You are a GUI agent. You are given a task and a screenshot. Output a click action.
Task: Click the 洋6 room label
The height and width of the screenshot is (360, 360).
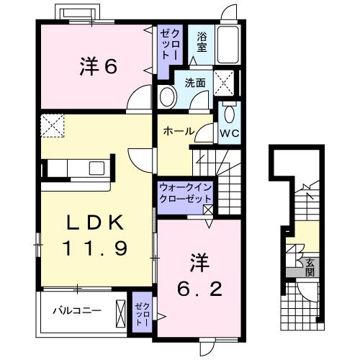coord(99,66)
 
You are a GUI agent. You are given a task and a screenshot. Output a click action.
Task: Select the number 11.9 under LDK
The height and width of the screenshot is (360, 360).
coord(95,248)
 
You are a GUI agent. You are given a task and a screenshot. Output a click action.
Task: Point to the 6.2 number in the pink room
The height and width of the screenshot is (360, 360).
coord(199,289)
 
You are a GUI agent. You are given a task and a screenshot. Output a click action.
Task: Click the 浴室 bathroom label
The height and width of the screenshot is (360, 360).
coord(202,42)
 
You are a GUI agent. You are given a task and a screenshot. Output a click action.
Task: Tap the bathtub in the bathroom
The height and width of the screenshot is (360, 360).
coord(228,44)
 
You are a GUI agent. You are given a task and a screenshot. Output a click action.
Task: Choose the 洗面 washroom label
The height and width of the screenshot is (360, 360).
coord(195,83)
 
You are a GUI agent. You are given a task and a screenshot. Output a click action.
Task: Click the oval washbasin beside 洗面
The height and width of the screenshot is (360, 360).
coord(168,97)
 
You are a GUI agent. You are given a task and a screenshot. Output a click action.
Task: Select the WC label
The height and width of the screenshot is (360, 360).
coord(230,134)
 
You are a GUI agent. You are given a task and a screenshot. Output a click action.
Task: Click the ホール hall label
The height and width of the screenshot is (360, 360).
coord(179,132)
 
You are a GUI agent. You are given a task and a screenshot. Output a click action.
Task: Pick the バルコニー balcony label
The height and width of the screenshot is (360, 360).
coord(77,311)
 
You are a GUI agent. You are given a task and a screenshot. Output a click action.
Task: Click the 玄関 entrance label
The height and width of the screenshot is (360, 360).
coord(310,268)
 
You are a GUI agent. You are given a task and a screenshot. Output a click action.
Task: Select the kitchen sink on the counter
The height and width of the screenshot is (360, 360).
coord(96,168)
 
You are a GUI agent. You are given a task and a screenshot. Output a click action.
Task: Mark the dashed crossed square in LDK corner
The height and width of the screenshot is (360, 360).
coord(53,126)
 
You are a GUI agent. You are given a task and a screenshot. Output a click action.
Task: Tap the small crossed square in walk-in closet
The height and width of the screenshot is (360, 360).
coord(208,210)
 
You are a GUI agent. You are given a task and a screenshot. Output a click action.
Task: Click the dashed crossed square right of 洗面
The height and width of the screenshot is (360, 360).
coord(224,83)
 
